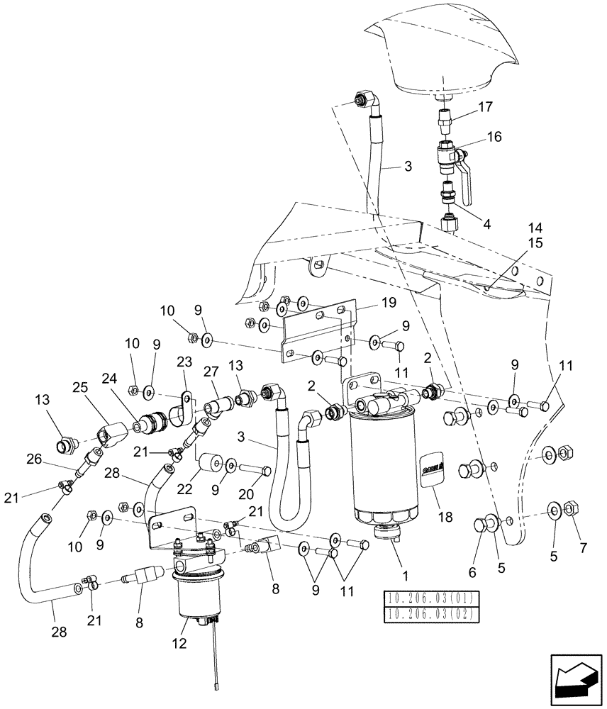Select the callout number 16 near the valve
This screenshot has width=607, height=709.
click(494, 136)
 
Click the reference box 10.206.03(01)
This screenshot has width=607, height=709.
click(431, 597)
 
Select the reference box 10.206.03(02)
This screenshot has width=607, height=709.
click(431, 613)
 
